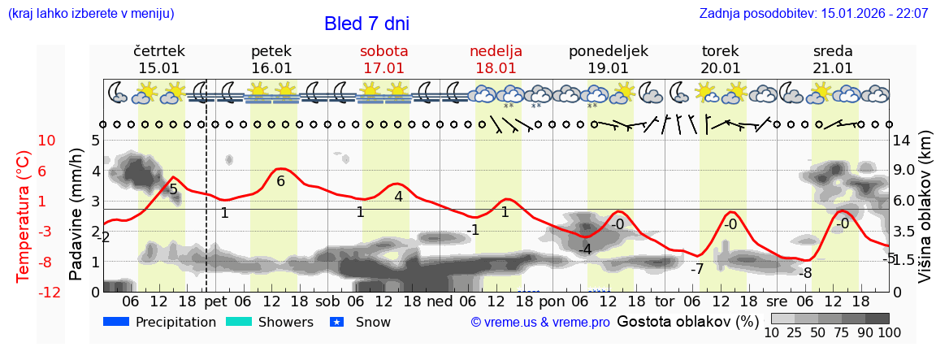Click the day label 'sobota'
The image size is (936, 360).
tap(383, 51)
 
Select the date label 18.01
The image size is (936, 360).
tap(496, 68)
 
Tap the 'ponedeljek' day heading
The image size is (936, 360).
tap(609, 51)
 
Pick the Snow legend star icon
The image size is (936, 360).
tap(337, 322)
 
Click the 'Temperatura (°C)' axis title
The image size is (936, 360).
tap(24, 215)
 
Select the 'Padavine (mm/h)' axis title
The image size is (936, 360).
tap(76, 214)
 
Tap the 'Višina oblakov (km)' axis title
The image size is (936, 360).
tap(925, 217)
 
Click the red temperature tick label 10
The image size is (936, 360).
tap(47, 141)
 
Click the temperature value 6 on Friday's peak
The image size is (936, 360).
tap(281, 181)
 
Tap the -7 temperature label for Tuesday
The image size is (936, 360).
tap(696, 270)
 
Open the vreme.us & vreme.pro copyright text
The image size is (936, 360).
tap(540, 322)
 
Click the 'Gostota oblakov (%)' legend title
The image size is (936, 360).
tap(687, 321)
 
